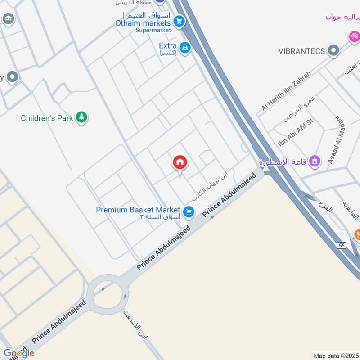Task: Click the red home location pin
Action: [x=180, y=162]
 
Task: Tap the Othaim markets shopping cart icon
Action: [x=179, y=21]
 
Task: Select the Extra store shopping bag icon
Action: [x=184, y=47]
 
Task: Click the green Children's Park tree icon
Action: [x=81, y=117]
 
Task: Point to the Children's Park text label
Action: [x=47, y=118]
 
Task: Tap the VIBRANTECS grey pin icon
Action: [x=333, y=50]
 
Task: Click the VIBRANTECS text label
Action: [x=301, y=51]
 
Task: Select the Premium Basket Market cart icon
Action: [x=189, y=211]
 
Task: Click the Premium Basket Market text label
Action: [x=138, y=210]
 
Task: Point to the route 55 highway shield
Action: [x=342, y=245]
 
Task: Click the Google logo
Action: [x=18, y=353]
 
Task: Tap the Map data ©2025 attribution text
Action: [x=336, y=355]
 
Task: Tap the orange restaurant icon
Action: [x=357, y=234]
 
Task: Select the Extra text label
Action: [x=167, y=45]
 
